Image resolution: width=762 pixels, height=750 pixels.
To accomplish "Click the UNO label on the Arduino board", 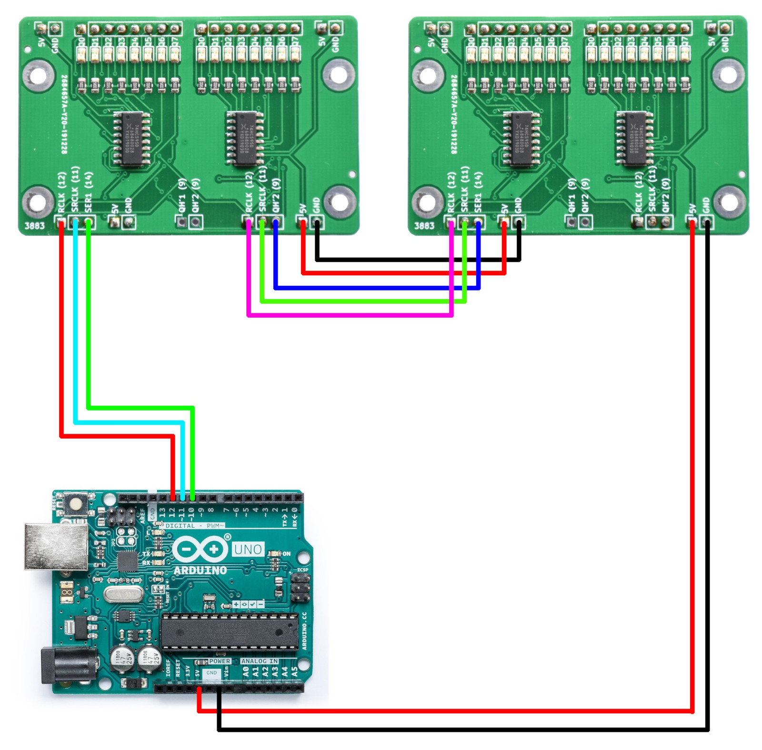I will point(248,550).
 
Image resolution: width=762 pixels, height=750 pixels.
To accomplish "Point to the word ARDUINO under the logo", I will point(200,570).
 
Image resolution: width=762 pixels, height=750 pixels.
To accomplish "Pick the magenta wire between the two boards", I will point(350,315).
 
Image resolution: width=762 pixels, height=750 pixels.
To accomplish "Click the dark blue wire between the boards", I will point(376,288).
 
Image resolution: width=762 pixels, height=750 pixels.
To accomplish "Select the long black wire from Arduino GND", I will point(462,730).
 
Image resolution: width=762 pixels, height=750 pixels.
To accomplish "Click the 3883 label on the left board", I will point(34,226).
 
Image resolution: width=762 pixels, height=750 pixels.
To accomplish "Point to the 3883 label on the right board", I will point(424,226).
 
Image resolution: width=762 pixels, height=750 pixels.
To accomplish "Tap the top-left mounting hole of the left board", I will point(37,75).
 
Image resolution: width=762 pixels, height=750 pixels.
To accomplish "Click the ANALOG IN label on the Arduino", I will point(260,661).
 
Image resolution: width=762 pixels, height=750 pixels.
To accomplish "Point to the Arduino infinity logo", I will point(201,549).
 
